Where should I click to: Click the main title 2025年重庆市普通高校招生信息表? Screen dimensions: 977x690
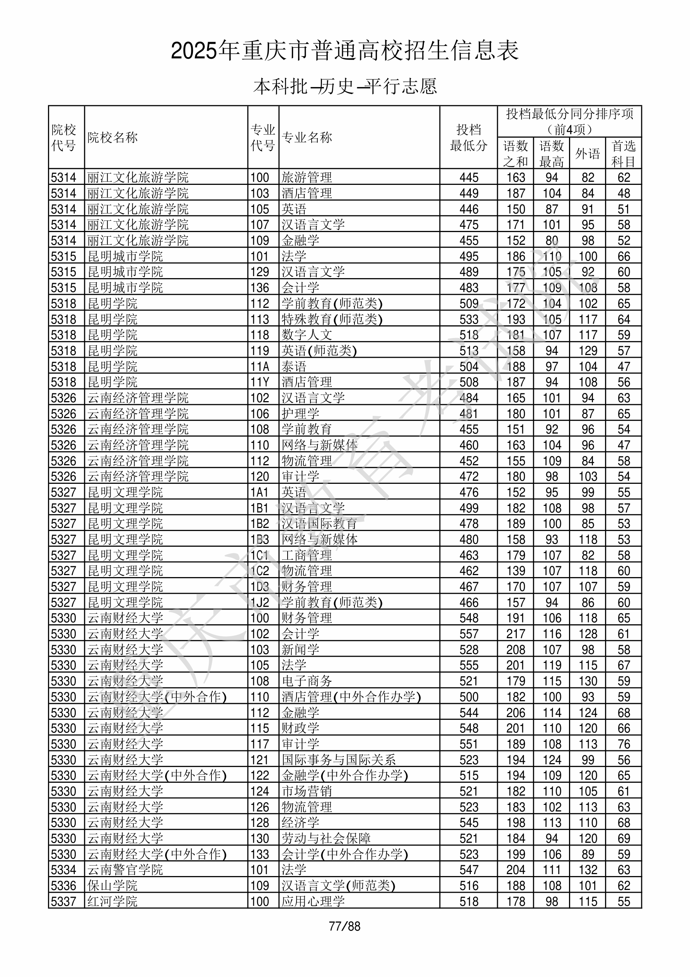[344, 51]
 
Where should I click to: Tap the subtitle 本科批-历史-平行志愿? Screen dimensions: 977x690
[344, 86]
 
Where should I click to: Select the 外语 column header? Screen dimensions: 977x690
[588, 153]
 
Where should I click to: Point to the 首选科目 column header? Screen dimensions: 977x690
[623, 153]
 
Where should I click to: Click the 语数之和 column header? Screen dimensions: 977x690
[515, 153]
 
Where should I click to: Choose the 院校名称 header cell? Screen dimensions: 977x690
[113, 137]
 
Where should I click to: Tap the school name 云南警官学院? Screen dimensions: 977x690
[125, 870]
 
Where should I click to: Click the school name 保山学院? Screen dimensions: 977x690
[112, 885]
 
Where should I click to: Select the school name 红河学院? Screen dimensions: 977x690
[112, 901]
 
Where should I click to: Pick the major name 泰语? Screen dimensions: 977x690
[294, 366]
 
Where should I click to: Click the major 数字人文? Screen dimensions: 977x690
[306, 335]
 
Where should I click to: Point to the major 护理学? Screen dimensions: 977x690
[300, 413]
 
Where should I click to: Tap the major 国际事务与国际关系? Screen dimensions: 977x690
[339, 760]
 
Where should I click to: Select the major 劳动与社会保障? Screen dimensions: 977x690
[326, 838]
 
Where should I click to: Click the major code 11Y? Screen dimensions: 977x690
[259, 382]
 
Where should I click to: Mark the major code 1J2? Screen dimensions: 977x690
[259, 603]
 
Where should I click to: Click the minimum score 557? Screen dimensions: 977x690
[469, 634]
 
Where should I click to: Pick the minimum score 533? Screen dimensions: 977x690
[469, 319]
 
